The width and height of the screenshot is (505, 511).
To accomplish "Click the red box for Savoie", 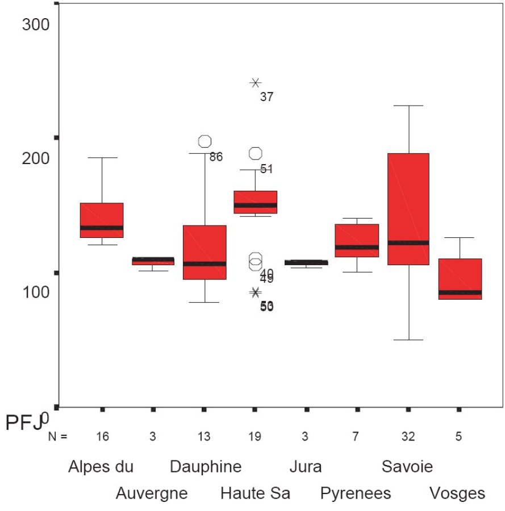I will [x=408, y=209].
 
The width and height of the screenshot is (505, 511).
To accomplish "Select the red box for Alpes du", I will [x=102, y=220].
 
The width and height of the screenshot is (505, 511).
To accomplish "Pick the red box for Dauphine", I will [x=204, y=252].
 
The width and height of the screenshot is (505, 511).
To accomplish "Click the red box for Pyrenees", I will [x=357, y=240].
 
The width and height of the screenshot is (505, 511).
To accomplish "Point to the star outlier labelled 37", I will [x=256, y=83].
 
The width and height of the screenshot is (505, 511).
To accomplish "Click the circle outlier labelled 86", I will [x=204, y=141].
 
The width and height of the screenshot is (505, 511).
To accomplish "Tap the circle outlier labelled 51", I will [x=256, y=153].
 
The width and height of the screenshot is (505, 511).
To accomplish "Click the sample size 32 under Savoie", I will [x=408, y=437].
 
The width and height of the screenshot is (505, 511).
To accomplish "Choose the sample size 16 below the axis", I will [x=102, y=437].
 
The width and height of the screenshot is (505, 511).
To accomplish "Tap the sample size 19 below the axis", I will [x=255, y=437].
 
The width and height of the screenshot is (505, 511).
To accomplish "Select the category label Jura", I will [x=306, y=467].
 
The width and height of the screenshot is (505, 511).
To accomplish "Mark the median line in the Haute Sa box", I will [x=256, y=205].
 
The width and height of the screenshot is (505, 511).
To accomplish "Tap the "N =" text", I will [x=57, y=437].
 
